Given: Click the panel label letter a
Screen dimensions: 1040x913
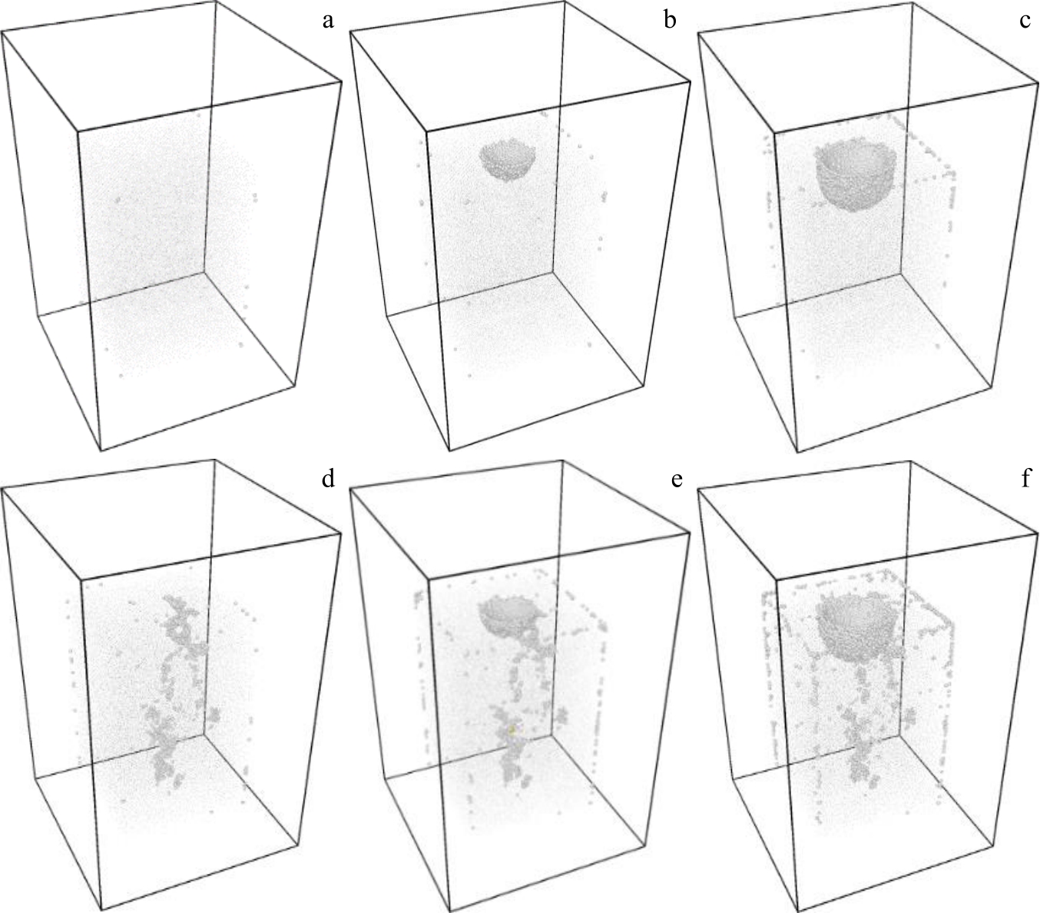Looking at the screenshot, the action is pyautogui.click(x=328, y=21).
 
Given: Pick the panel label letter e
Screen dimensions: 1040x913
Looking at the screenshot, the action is pyautogui.click(x=677, y=480).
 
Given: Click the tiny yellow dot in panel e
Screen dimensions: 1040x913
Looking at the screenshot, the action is pyautogui.click(x=512, y=729).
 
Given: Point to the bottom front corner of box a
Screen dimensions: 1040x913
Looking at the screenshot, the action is pyautogui.click(x=101, y=451).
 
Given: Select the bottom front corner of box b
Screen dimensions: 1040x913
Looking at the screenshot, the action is pyautogui.click(x=449, y=451).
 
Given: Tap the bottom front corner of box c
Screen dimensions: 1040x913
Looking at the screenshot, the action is pyautogui.click(x=797, y=452).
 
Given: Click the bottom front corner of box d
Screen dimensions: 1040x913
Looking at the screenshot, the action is pyautogui.click(x=101, y=909).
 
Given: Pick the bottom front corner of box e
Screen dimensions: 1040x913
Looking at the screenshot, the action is pyautogui.click(x=449, y=911).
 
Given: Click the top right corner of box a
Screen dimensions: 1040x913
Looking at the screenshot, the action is pyautogui.click(x=342, y=81).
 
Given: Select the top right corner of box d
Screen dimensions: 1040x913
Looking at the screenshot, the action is pyautogui.click(x=341, y=534).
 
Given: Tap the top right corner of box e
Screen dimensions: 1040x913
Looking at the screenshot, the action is pyautogui.click(x=691, y=534).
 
